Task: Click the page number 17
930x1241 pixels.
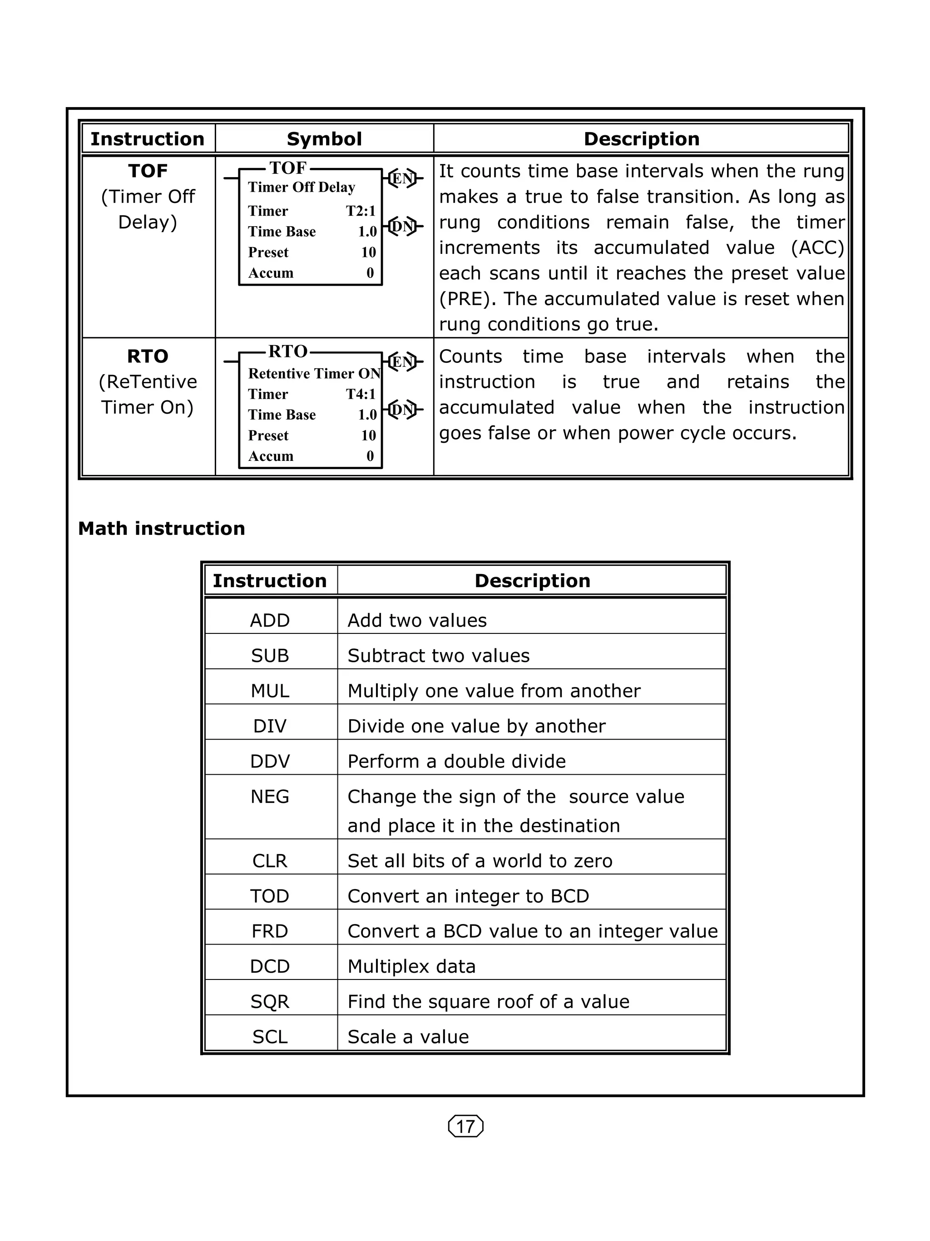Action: click(465, 1126)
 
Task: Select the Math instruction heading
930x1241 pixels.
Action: click(162, 529)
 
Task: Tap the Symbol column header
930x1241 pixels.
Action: click(324, 139)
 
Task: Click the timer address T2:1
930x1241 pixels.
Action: click(360, 211)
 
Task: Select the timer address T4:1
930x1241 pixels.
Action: click(360, 394)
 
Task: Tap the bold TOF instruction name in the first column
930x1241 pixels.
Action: click(148, 171)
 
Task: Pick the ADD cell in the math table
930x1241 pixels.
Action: click(270, 620)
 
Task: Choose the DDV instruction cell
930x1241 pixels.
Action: click(270, 761)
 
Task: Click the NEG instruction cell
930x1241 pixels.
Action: click(270, 796)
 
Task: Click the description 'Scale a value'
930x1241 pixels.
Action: click(408, 1037)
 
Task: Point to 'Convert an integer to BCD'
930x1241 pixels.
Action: click(468, 896)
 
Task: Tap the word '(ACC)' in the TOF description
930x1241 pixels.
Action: click(816, 247)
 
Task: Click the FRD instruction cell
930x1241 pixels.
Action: click(270, 931)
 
